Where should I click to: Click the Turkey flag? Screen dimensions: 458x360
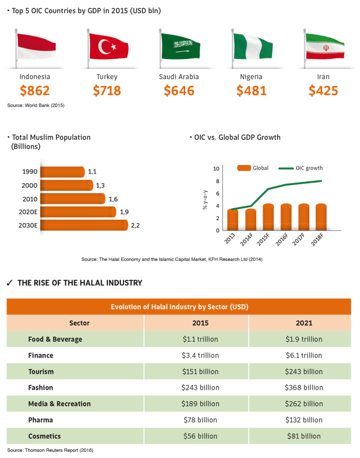point(108,46)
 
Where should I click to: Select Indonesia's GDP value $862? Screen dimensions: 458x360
point(35,90)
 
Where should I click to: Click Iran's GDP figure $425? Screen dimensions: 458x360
point(323,90)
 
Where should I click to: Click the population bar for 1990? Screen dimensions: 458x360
point(62,172)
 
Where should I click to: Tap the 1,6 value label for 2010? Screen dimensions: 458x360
point(113,199)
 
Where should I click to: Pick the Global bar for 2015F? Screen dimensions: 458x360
point(268,217)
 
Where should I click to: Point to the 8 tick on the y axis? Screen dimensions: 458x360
point(217,181)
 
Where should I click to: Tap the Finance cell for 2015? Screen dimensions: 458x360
point(200,355)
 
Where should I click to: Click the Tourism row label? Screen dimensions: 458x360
point(41,371)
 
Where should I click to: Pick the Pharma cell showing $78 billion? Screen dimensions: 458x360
point(200,420)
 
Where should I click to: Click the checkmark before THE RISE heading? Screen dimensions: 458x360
point(9,283)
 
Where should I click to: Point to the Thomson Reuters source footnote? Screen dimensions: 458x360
point(50,450)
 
